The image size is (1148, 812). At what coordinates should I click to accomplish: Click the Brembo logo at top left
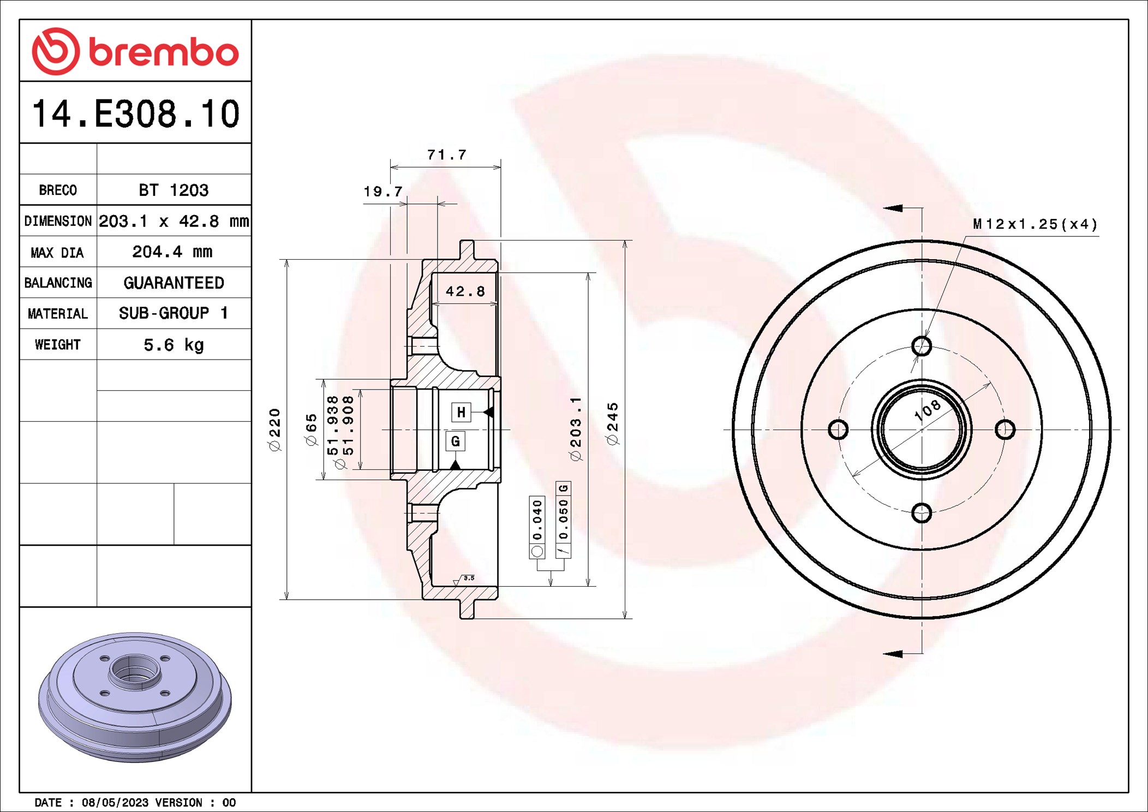point(135,51)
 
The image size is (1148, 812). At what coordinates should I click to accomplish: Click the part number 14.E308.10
point(136,114)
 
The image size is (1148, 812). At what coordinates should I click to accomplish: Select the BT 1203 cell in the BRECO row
point(174,190)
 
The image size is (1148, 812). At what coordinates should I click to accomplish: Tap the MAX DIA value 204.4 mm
point(172,252)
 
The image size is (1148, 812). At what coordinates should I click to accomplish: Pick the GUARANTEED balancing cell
point(174,283)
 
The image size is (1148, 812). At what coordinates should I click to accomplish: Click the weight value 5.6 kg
point(174,345)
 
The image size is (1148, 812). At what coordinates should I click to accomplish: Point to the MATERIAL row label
point(58,314)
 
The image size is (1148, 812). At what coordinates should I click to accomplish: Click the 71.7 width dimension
point(447,155)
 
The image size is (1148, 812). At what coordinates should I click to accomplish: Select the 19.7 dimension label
point(383,192)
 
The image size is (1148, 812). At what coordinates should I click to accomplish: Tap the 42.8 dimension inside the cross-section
point(465,291)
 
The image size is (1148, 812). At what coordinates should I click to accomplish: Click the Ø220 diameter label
point(275,429)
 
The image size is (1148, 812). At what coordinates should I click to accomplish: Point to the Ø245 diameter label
point(613,424)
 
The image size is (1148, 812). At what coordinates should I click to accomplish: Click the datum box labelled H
point(461,412)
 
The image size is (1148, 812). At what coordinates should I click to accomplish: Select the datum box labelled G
point(456,441)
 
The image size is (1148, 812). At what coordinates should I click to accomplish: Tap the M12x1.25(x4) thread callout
point(1035,224)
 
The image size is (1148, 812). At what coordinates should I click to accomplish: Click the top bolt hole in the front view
point(922,346)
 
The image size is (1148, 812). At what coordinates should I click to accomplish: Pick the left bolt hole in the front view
point(838,429)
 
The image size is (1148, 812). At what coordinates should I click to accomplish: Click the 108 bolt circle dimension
point(928,410)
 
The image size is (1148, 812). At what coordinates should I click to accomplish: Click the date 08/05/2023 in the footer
point(115,803)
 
